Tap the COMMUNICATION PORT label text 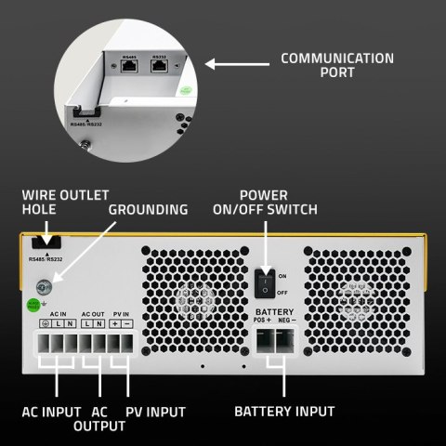point(337,66)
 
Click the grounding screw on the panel point(41,288)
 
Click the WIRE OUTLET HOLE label point(66,203)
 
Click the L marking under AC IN point(56,322)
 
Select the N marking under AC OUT point(98,322)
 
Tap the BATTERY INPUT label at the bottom point(284,411)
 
